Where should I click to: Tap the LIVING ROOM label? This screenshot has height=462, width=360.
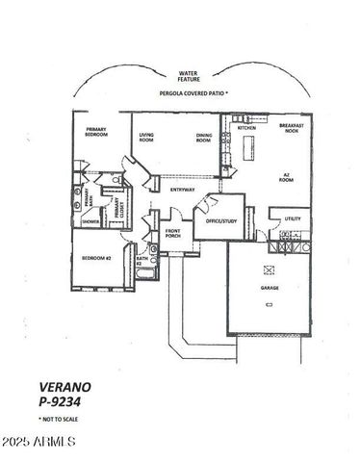[146, 138]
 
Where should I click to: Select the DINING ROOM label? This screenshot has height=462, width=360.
[203, 138]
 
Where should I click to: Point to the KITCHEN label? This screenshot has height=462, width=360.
[246, 126]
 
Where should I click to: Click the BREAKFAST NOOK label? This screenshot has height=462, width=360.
[293, 129]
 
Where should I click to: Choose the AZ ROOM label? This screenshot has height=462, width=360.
[286, 178]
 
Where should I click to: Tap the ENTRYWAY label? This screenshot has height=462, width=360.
[183, 190]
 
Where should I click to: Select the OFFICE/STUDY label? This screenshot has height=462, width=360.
[219, 220]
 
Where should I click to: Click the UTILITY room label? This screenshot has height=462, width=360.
[292, 218]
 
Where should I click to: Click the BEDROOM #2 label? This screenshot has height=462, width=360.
[98, 259]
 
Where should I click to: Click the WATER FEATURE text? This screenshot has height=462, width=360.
[188, 77]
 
